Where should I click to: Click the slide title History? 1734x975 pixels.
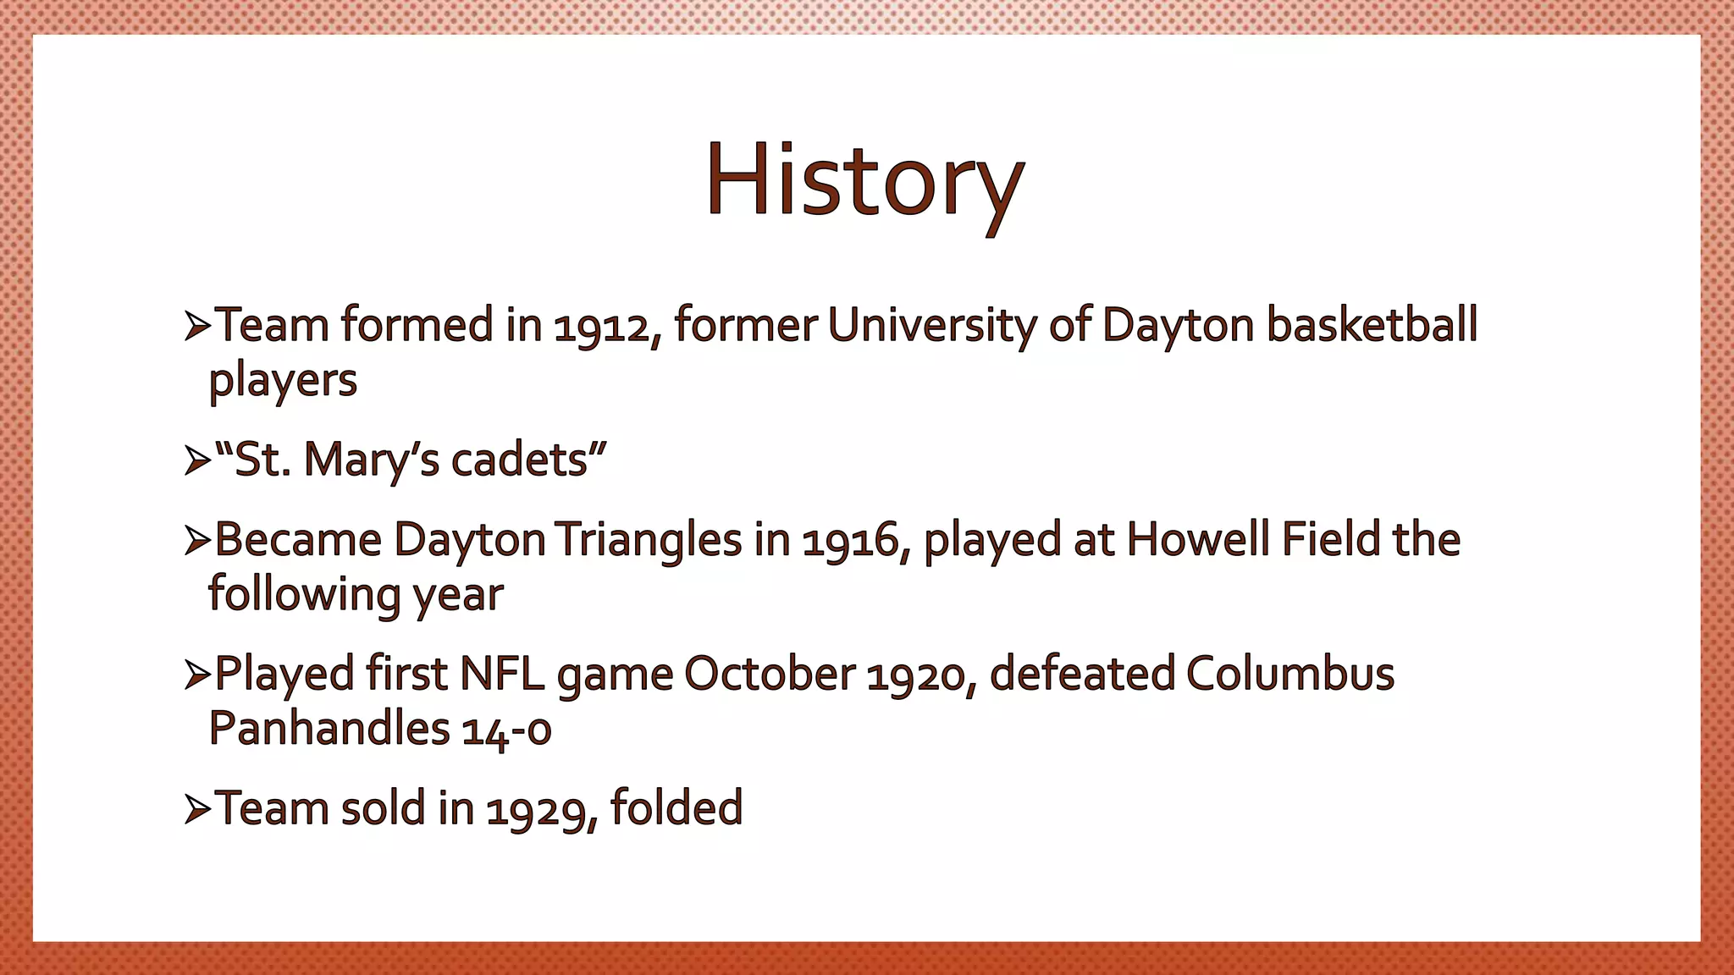864,182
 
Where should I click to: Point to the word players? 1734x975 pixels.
283,381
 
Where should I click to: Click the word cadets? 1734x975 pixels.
520,460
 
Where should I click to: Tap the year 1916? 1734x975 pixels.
851,542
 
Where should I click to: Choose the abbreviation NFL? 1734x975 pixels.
501,675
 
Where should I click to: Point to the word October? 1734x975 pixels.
769,675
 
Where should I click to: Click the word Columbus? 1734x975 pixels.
1289,675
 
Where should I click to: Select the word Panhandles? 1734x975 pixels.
329,729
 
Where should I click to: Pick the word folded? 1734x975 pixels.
676,808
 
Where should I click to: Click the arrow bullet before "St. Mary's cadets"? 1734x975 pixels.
196,461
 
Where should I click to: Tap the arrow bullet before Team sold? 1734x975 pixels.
196,810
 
